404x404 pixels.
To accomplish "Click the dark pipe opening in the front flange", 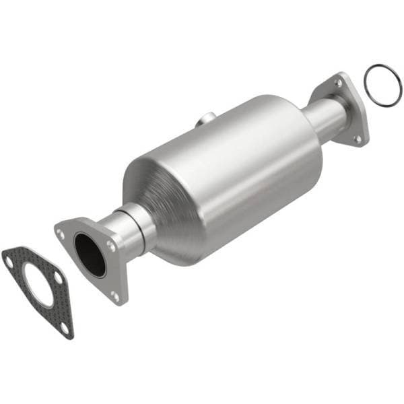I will (90, 254).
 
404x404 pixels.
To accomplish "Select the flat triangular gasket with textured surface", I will (20, 269).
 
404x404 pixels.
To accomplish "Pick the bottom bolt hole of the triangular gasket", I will (65, 327).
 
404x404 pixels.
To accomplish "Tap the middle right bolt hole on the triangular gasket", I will (58, 277).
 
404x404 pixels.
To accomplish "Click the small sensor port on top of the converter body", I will (205, 121).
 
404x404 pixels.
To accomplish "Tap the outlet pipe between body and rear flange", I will (323, 118).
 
